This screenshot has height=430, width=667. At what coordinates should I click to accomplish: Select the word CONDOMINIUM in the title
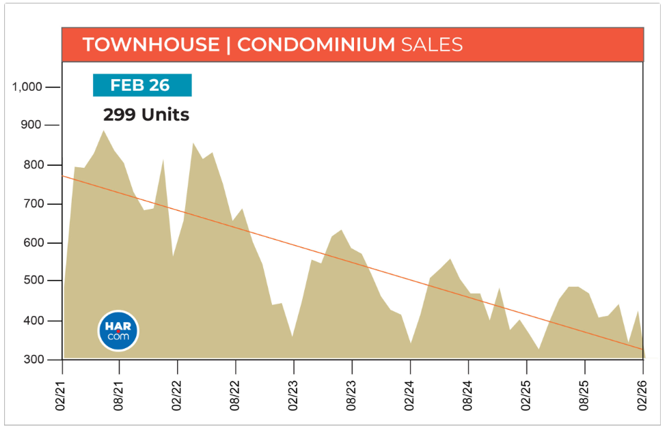[316, 45]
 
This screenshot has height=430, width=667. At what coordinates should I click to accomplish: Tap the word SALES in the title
[432, 45]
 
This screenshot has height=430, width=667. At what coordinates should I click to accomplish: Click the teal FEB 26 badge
[142, 85]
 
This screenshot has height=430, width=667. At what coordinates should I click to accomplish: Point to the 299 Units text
[146, 115]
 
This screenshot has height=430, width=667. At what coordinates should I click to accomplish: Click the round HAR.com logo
[118, 331]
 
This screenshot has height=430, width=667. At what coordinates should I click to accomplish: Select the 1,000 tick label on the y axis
[27, 87]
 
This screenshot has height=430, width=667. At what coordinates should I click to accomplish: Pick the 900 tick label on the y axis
[31, 126]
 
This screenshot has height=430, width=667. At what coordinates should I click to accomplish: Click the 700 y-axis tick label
[31, 204]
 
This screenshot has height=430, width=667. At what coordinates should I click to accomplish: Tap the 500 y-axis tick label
[31, 281]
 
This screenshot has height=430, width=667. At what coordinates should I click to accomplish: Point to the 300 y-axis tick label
[31, 360]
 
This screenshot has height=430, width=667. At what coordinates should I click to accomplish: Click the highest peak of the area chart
[103, 131]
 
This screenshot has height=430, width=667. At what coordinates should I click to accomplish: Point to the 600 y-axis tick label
[31, 243]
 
